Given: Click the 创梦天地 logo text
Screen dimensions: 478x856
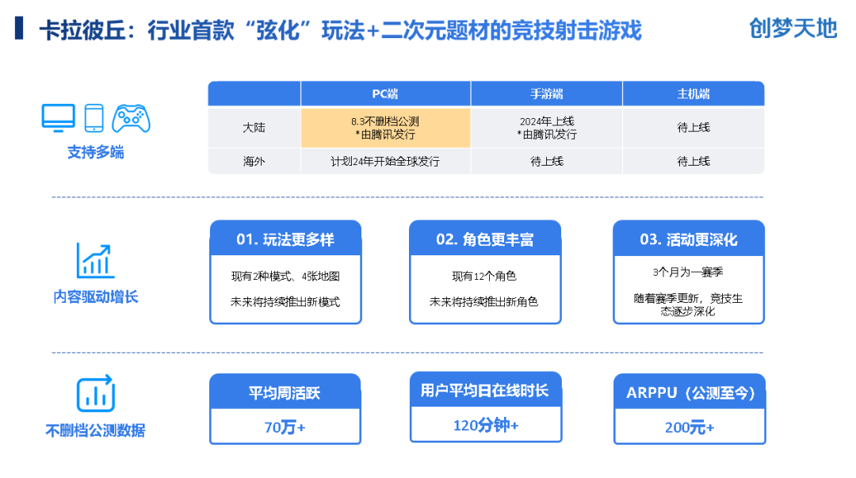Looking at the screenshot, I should tap(793, 29).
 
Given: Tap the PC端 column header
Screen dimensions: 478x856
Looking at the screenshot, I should tap(385, 94).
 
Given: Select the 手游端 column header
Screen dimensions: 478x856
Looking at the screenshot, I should tap(546, 94).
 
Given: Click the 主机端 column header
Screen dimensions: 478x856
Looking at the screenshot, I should tap(693, 94).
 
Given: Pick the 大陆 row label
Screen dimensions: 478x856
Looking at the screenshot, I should tap(254, 128).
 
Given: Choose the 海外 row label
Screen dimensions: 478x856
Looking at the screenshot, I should tap(254, 161).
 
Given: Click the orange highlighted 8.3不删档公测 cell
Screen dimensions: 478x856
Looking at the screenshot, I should tap(385, 128).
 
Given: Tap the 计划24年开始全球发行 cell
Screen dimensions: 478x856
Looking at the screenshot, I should tap(385, 161).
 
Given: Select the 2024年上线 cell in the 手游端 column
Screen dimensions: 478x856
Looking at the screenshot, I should tap(546, 128).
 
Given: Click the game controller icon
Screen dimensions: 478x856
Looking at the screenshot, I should tap(131, 119).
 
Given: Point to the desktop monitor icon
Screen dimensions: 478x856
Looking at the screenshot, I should tap(58, 118).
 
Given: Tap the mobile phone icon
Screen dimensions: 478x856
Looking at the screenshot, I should tap(94, 118).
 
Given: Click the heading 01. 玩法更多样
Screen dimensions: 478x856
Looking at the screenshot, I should tap(285, 239).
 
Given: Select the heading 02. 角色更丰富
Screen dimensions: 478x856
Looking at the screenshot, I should tap(484, 239).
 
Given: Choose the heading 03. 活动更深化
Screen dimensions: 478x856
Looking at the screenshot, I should tap(688, 239).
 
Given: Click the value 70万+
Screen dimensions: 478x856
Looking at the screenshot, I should tap(285, 427).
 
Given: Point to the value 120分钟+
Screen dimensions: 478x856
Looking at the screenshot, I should tap(485, 426).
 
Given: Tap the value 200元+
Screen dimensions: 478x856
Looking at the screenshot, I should tap(689, 427).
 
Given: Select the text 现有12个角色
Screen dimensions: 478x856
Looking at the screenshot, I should tap(484, 276).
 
